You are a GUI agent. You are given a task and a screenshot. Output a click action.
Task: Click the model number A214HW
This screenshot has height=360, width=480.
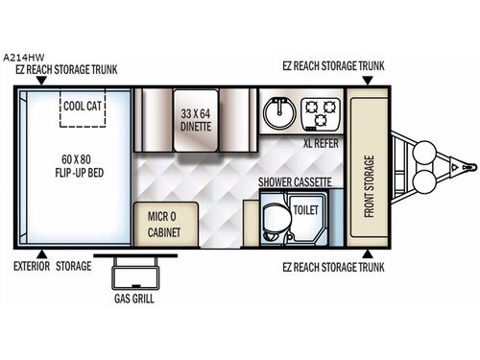pyautogui.click(x=24, y=58)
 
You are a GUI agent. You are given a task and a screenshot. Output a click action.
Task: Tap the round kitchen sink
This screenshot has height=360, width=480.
pyautogui.click(x=279, y=113)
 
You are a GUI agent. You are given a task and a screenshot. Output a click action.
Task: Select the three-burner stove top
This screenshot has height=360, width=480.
pyautogui.click(x=320, y=114)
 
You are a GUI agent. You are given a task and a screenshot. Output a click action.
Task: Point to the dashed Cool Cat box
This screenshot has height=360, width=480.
pyautogui.click(x=83, y=108)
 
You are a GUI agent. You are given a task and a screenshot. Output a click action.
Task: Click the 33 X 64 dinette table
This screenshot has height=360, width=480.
pyautogui.click(x=196, y=120)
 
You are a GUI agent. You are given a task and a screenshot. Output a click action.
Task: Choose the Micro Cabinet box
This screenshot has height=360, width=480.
pyautogui.click(x=166, y=224)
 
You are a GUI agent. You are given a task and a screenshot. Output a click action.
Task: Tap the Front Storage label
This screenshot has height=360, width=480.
pyautogui.click(x=369, y=186)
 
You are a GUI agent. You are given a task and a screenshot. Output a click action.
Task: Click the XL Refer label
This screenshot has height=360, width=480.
pyautogui.click(x=321, y=143)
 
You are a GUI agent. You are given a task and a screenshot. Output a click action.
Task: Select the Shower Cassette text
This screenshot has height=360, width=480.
pyautogui.click(x=295, y=182)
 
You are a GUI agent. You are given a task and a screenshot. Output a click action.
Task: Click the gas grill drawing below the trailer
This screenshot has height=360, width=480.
pyautogui.click(x=135, y=272)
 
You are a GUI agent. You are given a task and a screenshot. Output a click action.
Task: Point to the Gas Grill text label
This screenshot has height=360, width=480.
pyautogui.click(x=134, y=299)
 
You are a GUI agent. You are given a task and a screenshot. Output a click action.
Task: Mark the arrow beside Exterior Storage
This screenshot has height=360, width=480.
pyautogui.click(x=42, y=254)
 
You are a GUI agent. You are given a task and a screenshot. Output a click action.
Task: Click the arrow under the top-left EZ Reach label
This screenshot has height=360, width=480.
pyautogui.click(x=42, y=81)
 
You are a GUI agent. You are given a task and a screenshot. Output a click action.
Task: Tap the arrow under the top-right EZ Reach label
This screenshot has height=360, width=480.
pyautogui.click(x=368, y=81)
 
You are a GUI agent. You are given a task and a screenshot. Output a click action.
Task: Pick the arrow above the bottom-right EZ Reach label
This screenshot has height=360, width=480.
pyautogui.click(x=368, y=254)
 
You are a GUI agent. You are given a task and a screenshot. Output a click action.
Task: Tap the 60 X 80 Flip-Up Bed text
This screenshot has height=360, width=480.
pyautogui.click(x=80, y=166)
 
